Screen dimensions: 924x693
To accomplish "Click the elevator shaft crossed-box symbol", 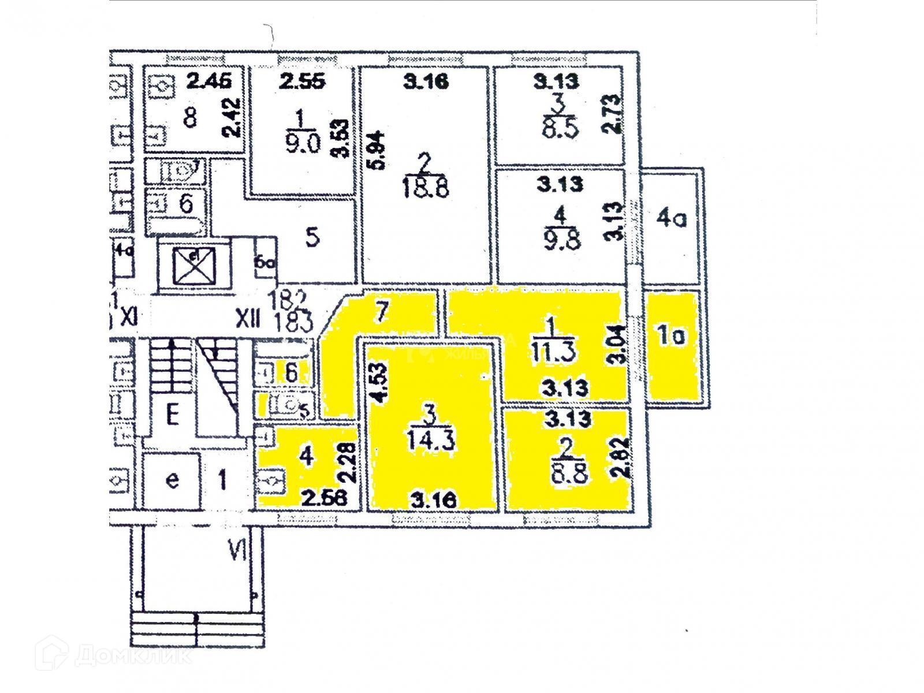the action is [x=195, y=264].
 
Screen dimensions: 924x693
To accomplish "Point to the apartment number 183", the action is [x=295, y=319].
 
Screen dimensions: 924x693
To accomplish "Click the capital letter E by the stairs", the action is [x=171, y=415].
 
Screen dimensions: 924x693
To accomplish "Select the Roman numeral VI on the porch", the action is [x=237, y=553].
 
